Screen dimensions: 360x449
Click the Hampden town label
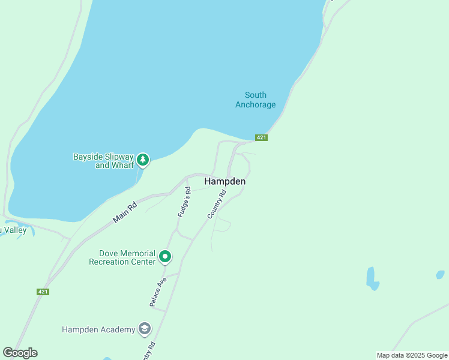(x=224, y=181)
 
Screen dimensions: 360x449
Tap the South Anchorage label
(x=256, y=100)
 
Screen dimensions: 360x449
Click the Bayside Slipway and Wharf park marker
(x=142, y=160)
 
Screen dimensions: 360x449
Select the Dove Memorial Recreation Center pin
(x=165, y=257)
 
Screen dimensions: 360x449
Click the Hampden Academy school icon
(x=144, y=329)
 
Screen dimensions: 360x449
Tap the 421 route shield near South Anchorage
(x=261, y=137)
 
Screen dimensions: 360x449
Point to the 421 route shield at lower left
(x=42, y=292)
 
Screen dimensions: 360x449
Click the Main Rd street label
(x=125, y=213)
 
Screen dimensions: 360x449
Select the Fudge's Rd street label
(x=184, y=202)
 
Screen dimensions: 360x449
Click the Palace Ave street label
(x=158, y=292)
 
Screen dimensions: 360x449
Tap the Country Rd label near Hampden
(x=217, y=204)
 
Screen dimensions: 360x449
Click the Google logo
(x=20, y=353)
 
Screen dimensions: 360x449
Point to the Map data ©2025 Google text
(x=412, y=355)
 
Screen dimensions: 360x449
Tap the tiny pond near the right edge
(x=440, y=274)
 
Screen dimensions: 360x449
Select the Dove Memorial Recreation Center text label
(x=122, y=257)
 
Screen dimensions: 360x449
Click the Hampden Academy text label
(x=99, y=329)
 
